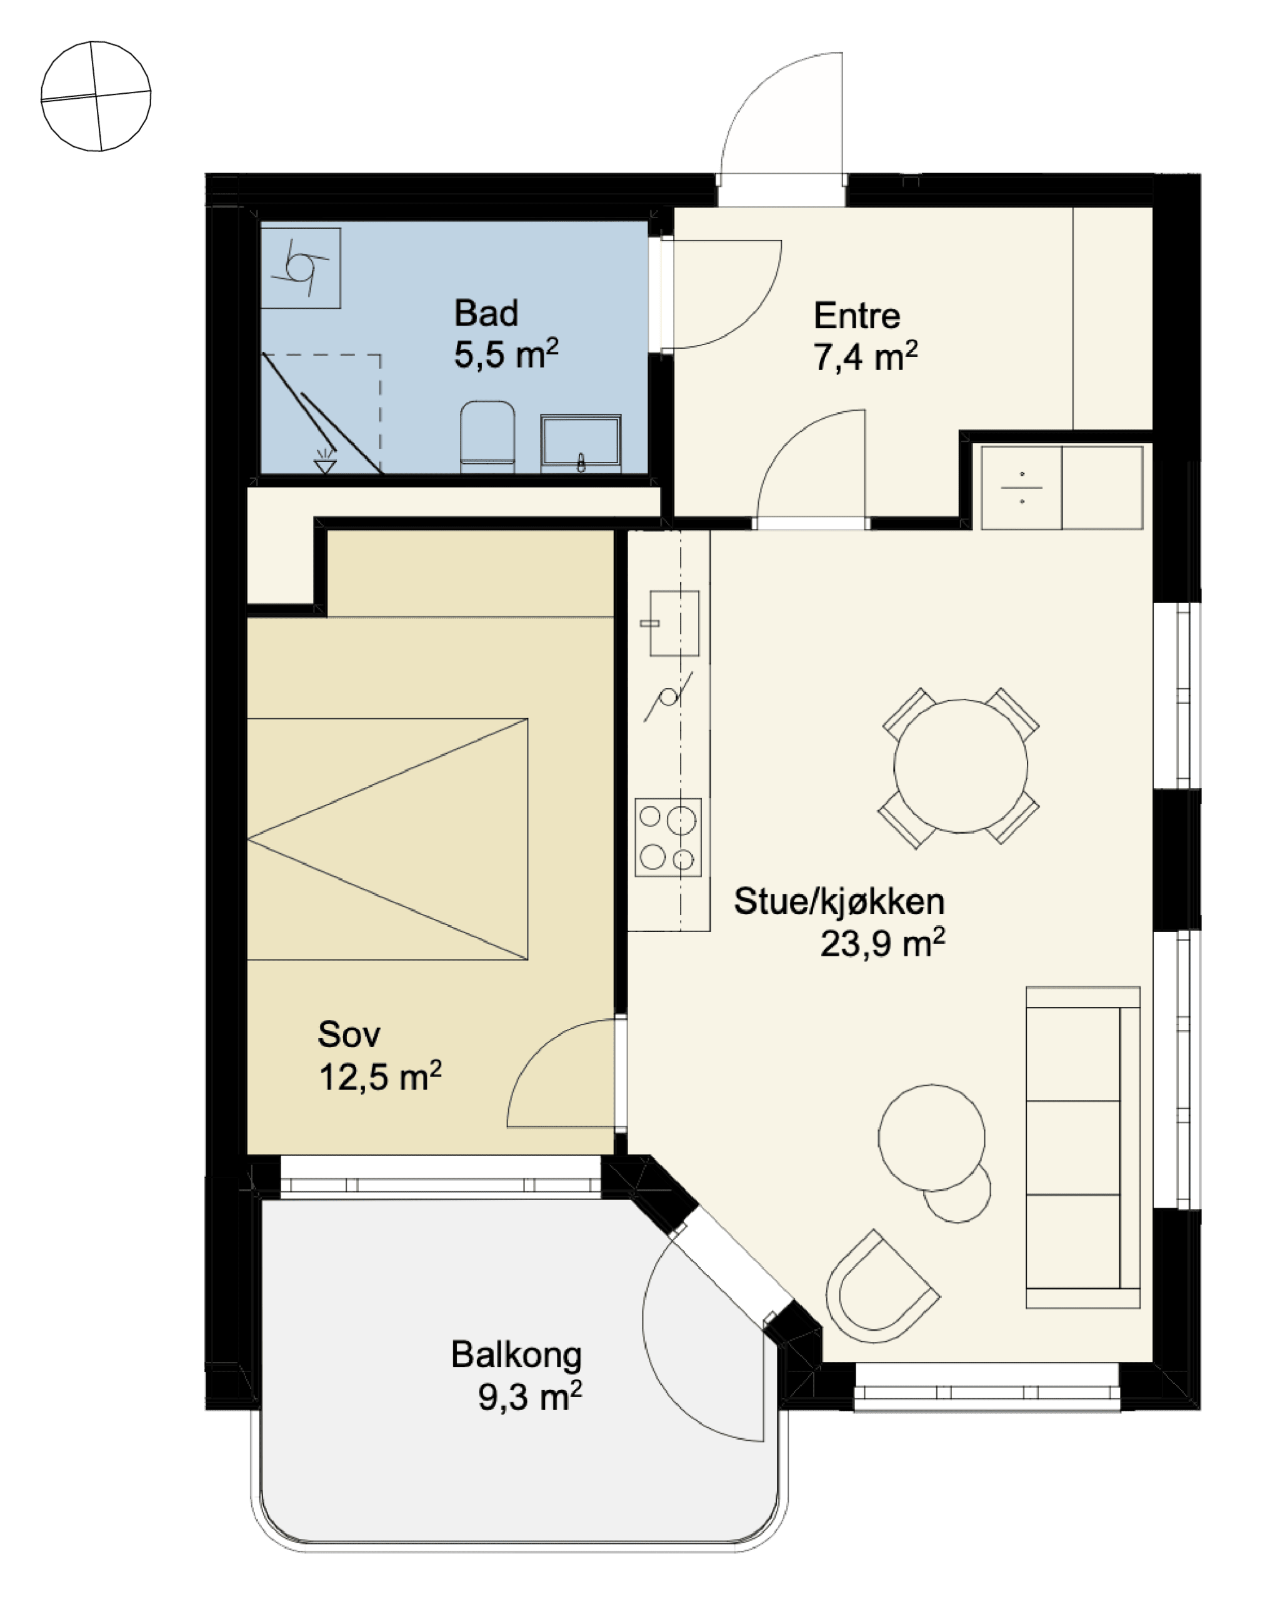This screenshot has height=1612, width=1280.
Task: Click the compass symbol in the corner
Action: tap(96, 96)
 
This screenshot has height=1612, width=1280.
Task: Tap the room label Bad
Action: tap(486, 313)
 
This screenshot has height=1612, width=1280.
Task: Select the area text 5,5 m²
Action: tap(506, 354)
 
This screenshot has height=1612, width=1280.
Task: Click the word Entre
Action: tap(857, 316)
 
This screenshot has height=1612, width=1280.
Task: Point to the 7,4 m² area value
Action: tap(865, 357)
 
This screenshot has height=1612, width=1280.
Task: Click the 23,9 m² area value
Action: tap(883, 943)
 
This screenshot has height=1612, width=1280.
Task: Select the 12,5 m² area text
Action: tap(380, 1078)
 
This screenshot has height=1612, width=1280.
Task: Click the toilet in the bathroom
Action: tap(487, 438)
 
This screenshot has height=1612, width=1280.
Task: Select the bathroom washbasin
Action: tap(581, 443)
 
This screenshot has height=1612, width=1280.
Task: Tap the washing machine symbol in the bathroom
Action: tap(301, 268)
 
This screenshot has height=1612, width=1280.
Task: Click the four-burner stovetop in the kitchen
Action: tap(668, 838)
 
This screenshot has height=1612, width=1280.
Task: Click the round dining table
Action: tap(961, 766)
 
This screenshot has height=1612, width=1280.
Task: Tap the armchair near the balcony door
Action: tap(881, 1288)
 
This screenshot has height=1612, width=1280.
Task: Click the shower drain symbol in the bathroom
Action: tap(324, 462)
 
